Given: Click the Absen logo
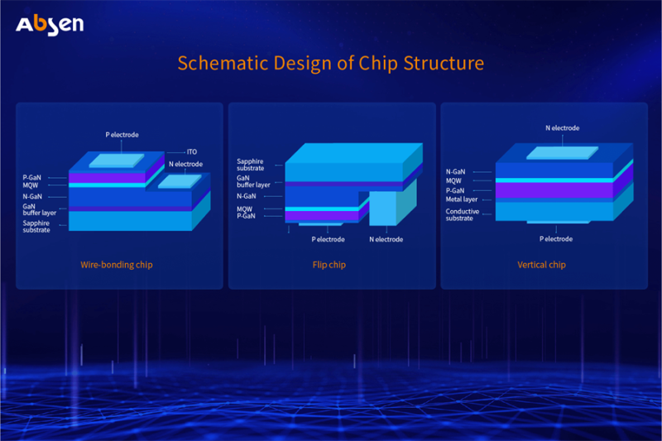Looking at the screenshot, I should pos(50,24).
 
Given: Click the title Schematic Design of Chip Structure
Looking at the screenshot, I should pos(331,64).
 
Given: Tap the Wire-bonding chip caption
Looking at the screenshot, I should pos(117,265).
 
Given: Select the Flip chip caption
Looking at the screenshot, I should pos(331,265).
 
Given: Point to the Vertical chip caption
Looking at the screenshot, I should pos(541,265).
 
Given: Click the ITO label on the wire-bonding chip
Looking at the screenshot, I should pos(191,152).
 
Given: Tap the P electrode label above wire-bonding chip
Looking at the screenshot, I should pos(122,134).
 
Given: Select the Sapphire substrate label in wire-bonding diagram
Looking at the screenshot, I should pos(36,226).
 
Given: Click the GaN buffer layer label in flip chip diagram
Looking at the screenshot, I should pos(253,180).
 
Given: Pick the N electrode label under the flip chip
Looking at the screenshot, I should pos(386,240).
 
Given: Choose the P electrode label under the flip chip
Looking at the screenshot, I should pos(329,240).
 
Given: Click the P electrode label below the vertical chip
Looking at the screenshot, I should pos(556,239).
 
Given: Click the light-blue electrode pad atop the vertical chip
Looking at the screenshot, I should pos(562,154).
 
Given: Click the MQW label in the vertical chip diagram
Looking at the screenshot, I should pos(454,180).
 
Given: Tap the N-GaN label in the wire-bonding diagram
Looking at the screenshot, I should pos(33,197).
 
